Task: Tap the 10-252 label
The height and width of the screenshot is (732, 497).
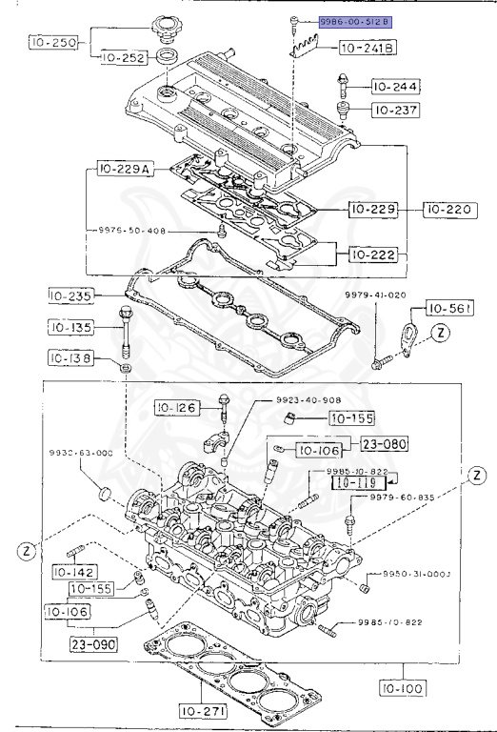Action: (120, 58)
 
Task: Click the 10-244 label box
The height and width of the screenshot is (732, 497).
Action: (396, 87)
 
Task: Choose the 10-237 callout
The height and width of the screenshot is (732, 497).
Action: (396, 111)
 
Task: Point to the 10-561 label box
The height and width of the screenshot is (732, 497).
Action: (448, 308)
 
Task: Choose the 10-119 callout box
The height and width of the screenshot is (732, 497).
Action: (357, 482)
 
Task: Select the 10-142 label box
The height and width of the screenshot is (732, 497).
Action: (73, 572)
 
